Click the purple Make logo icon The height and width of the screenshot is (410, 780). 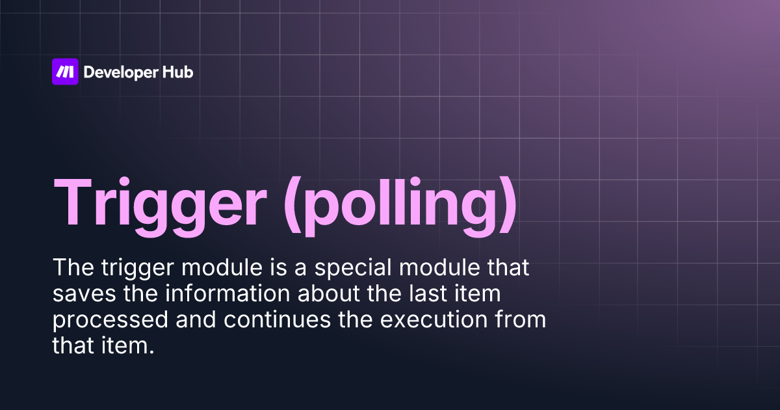click(x=65, y=72)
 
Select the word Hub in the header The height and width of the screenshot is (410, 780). click(x=177, y=72)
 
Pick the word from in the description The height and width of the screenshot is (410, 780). click(x=523, y=320)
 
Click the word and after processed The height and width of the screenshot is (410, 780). click(x=170, y=320)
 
